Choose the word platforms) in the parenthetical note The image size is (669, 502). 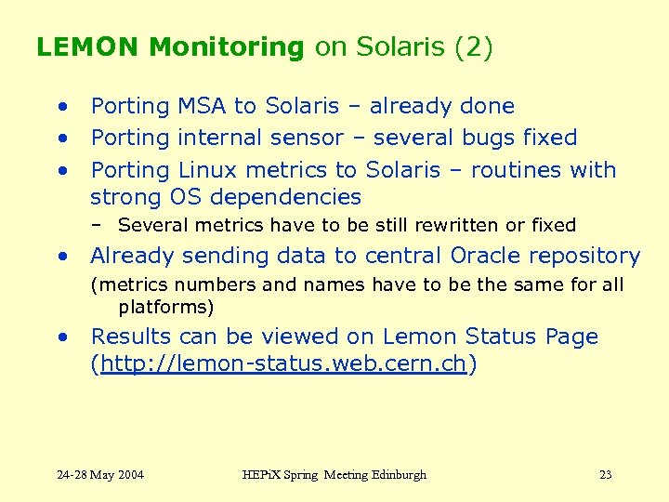click(166, 307)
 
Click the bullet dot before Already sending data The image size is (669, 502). click(61, 257)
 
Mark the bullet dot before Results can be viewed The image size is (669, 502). click(61, 337)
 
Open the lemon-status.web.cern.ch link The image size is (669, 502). click(282, 364)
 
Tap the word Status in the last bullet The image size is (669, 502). click(495, 337)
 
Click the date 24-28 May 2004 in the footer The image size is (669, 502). click(100, 475)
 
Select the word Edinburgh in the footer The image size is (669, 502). click(395, 475)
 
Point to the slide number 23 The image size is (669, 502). click(605, 475)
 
